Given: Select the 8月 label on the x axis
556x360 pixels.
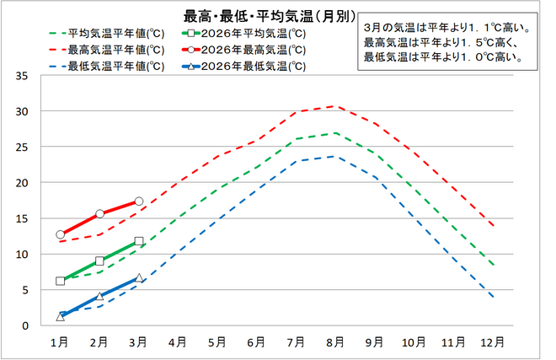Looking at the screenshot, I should click(334, 342).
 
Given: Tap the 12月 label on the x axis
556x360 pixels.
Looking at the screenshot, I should click(492, 342).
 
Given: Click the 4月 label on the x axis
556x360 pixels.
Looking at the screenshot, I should click(178, 342).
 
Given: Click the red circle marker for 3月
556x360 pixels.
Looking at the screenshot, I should click(139, 201).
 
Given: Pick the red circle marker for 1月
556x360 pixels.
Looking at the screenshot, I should click(61, 234).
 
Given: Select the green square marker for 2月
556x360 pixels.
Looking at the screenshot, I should click(99, 261).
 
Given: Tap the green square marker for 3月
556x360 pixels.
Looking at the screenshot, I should click(139, 241).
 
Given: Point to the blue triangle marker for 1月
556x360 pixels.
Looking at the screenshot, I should click(61, 316).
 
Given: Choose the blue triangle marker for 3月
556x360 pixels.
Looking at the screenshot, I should click(139, 277).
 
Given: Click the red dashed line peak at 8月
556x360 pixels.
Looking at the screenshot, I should click(334, 106).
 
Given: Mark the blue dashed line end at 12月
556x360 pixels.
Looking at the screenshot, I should click(492, 298).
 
